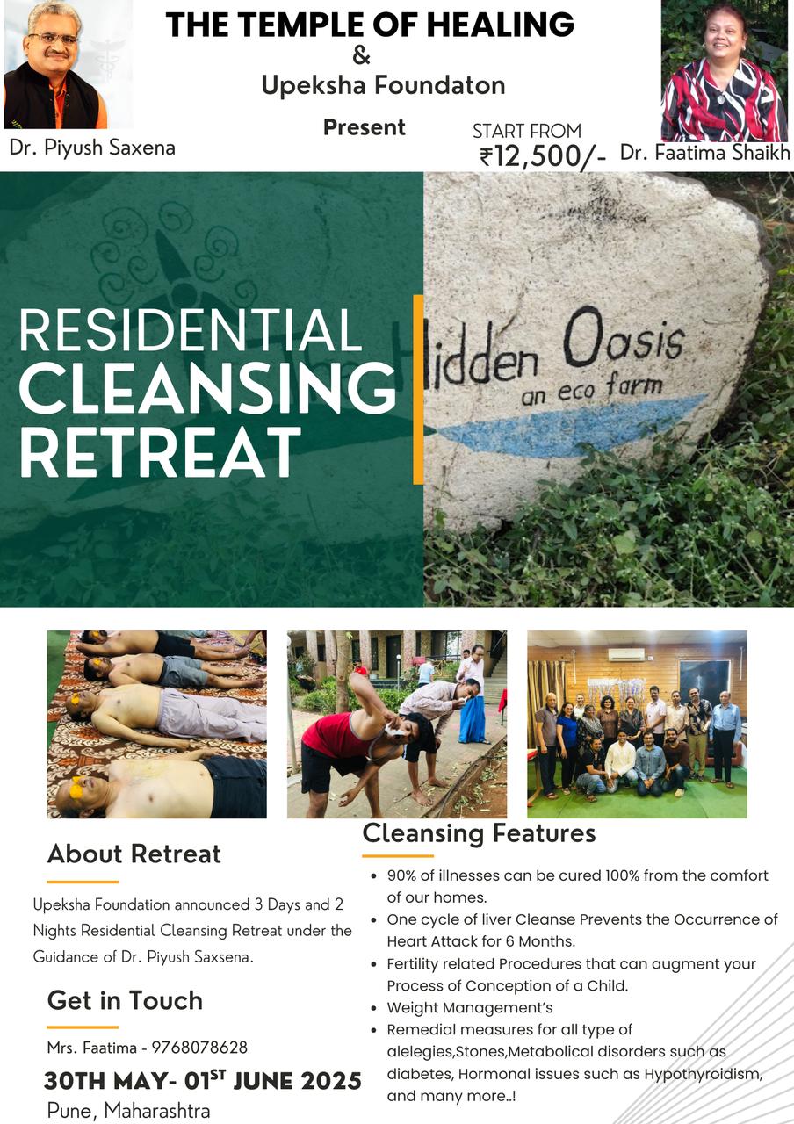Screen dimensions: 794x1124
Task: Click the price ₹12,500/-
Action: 543,157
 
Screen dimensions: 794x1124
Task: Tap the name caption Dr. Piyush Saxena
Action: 92,148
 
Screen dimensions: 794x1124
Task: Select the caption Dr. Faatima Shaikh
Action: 705,153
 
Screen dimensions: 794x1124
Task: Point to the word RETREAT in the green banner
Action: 160,451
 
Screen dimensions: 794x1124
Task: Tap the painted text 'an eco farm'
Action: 592,389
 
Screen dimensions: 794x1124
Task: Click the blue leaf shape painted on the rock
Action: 570,427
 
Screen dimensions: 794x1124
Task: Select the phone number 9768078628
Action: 199,1048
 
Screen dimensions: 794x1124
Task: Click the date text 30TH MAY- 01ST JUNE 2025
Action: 203,1080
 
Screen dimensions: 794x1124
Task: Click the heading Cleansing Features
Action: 479,833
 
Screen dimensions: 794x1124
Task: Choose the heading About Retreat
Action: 134,854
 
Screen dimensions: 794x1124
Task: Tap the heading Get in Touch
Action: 125,1000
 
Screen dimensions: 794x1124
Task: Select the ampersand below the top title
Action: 361,55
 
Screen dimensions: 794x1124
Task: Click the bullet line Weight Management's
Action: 470,1007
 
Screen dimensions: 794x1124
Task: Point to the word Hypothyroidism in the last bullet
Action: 704,1074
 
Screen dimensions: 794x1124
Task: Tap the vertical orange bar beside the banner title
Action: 418,389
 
